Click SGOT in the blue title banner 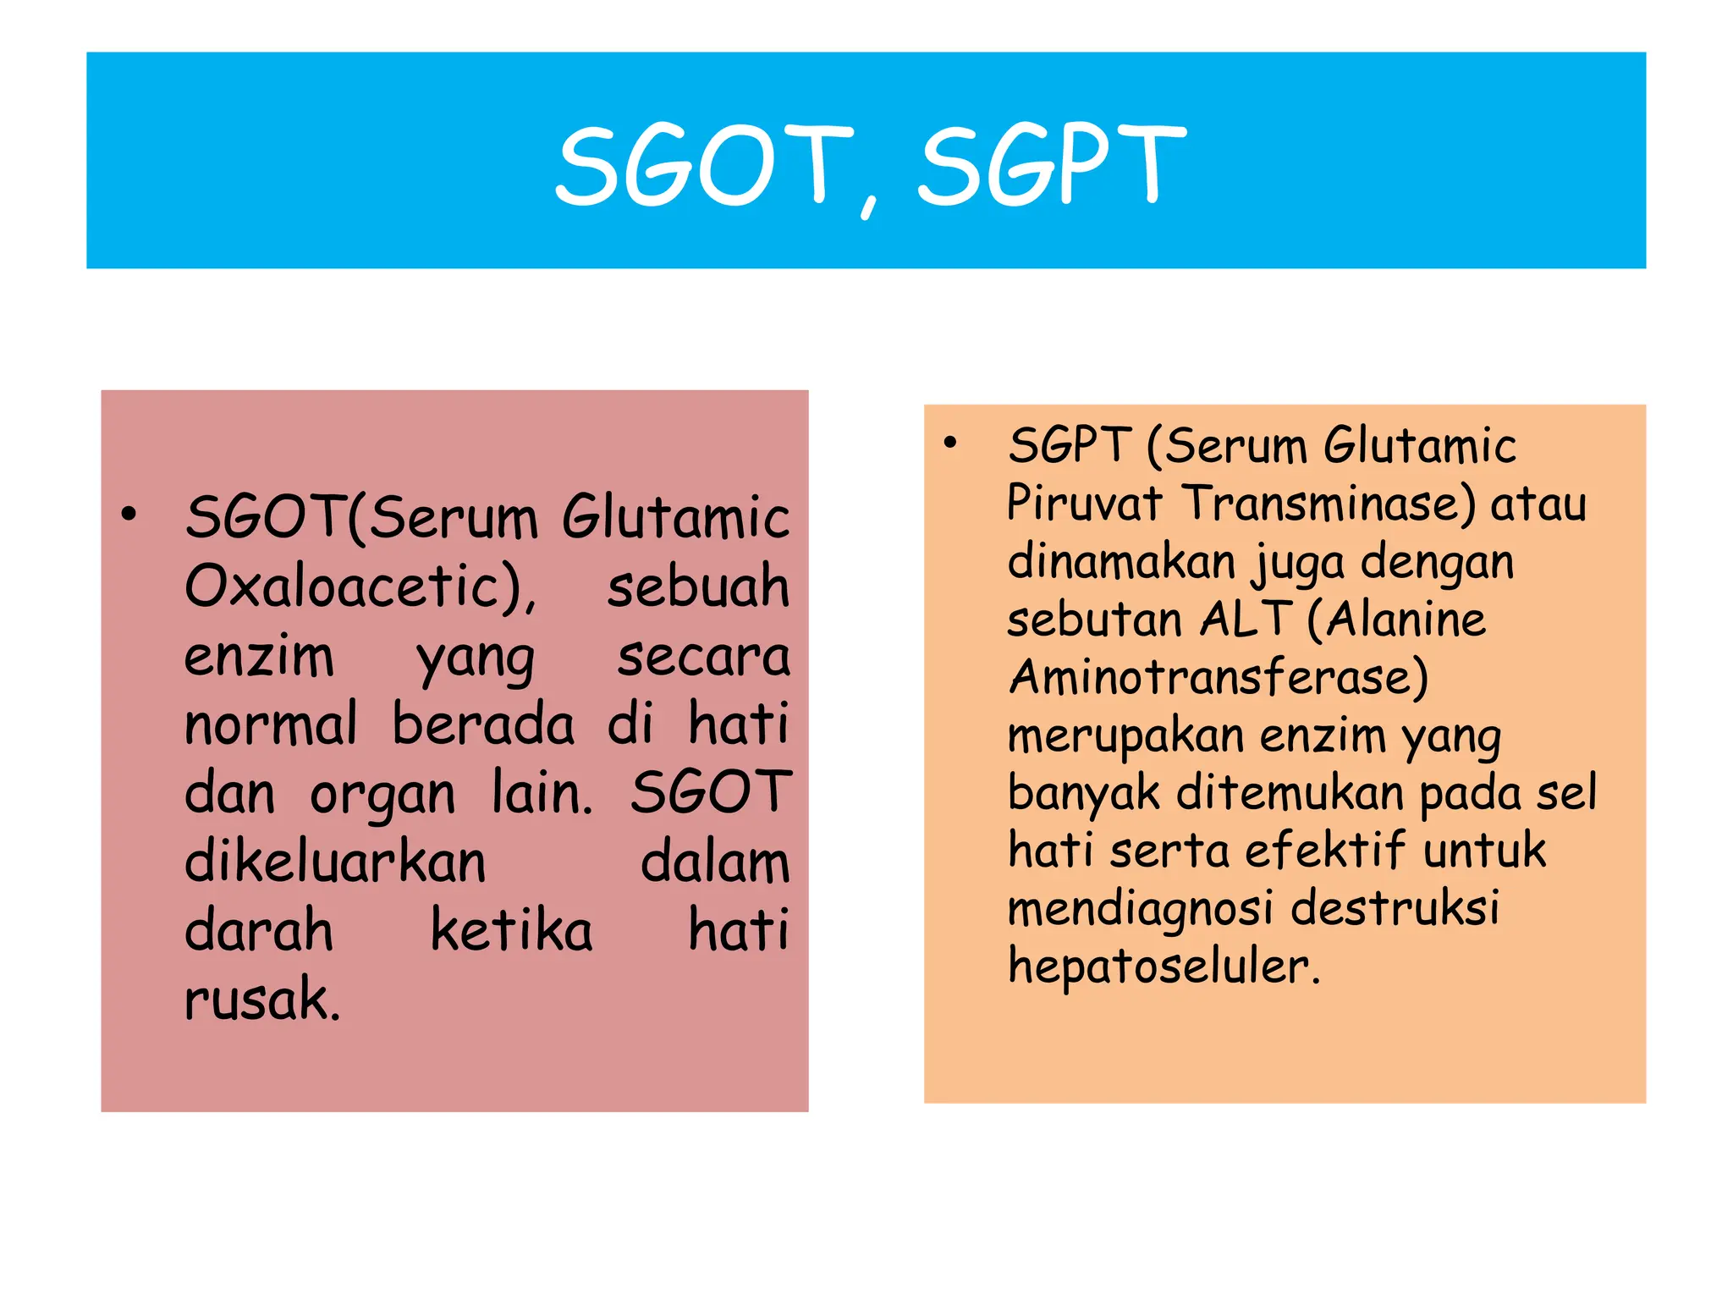(704, 165)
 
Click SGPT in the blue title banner (1052, 165)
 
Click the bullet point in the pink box (129, 514)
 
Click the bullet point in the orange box (950, 443)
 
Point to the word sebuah (698, 587)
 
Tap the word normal (271, 725)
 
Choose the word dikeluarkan (335, 863)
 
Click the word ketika (511, 931)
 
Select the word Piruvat (1084, 504)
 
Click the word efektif (1324, 851)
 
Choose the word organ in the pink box (382, 796)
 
